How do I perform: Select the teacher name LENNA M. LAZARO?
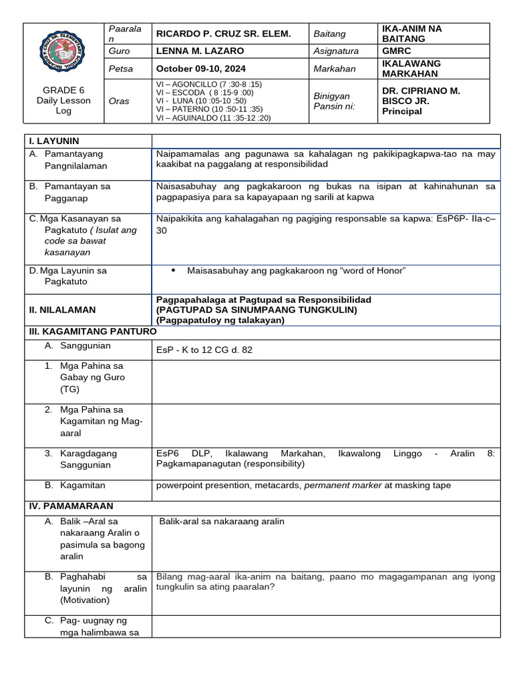coord(200,51)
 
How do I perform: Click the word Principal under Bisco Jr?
coord(401,111)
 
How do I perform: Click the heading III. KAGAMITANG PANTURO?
coord(92,331)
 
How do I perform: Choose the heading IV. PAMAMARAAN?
coord(70,506)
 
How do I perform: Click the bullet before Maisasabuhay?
coord(174,270)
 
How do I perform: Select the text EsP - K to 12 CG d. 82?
coord(204,350)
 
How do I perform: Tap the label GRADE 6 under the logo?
coord(63,90)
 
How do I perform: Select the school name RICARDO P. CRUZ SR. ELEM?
coord(223,33)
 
